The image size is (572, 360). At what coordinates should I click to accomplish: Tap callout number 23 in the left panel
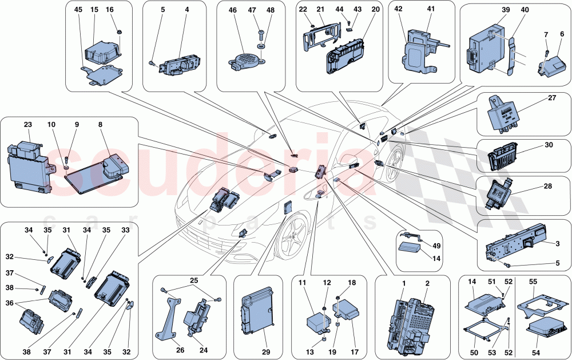tap(28, 124)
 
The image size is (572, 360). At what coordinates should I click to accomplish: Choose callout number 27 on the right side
tap(552, 98)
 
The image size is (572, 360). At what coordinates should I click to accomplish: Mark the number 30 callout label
tap(549, 146)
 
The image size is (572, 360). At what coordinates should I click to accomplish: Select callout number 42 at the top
tap(399, 9)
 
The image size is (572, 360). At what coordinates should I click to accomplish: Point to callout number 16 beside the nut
tap(110, 10)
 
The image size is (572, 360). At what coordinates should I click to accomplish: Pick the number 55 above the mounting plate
tap(550, 282)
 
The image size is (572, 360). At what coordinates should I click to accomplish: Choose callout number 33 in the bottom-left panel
tap(126, 230)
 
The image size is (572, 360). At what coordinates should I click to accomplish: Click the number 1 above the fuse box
tap(403, 284)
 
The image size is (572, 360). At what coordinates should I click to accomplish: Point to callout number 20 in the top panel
tap(375, 10)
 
